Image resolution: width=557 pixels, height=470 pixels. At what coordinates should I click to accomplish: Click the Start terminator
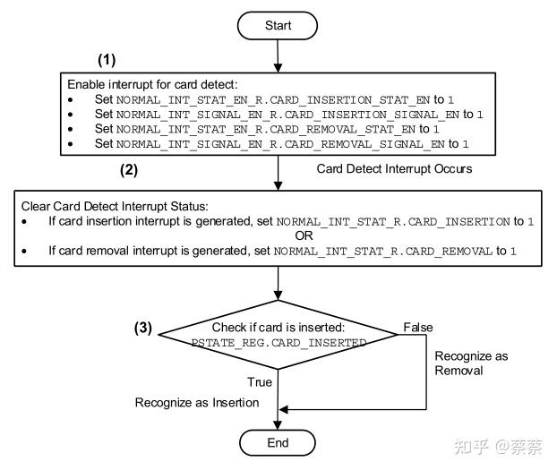278,26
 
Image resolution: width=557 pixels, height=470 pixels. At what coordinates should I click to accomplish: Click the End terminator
278,442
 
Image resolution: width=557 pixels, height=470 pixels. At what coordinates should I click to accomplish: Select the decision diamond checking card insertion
278,335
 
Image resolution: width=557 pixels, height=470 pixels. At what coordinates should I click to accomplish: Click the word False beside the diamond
418,327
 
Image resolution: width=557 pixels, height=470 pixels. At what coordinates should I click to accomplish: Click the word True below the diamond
259,382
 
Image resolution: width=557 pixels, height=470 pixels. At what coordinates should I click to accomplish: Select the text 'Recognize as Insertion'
197,403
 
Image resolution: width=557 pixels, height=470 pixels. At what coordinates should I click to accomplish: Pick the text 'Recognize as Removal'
470,363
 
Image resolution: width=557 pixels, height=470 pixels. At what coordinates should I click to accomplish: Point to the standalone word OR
278,235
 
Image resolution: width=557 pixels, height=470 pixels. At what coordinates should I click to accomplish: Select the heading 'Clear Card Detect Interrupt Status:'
110,206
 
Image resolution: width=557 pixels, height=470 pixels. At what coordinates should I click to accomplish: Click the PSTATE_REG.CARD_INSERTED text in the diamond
278,343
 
